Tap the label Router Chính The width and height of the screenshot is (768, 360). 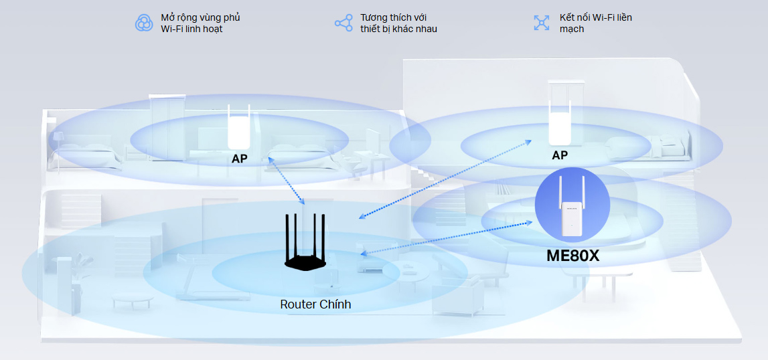pos(315,304)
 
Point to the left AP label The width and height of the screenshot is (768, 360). pos(240,159)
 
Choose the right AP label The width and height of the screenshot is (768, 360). pos(560,155)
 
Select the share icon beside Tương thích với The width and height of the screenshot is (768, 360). pos(343,23)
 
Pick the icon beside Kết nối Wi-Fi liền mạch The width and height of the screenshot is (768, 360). pos(541,23)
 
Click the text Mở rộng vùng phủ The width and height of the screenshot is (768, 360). pos(200,17)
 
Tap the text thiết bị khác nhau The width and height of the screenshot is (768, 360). pos(398,29)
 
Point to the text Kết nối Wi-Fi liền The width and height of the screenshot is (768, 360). pos(595,17)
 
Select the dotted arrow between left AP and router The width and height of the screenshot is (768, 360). pos(287,181)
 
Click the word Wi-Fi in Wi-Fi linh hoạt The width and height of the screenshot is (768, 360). pos(172,29)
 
